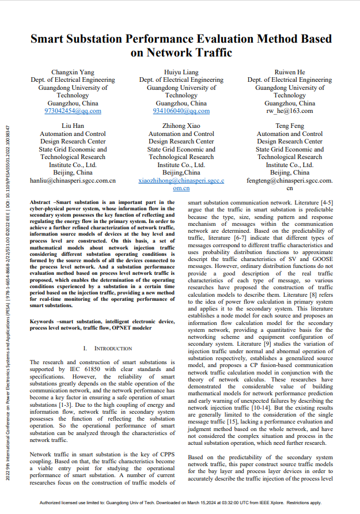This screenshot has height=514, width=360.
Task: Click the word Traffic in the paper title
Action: [210, 53]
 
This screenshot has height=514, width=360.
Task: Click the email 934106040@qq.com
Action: [181, 111]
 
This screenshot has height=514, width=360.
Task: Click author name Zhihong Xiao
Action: [181, 126]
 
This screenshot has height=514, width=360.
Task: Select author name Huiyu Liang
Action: [181, 72]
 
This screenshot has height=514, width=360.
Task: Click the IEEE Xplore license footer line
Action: [180, 503]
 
